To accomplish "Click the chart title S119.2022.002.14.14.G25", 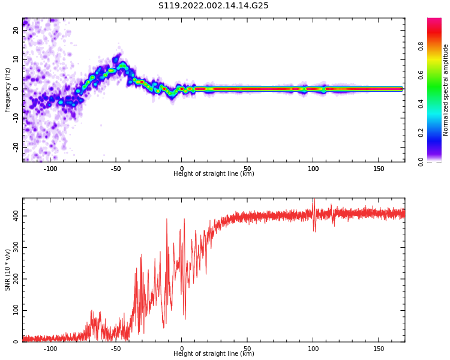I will pyautogui.click(x=214, y=6).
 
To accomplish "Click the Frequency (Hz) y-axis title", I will pyautogui.click(x=8, y=90).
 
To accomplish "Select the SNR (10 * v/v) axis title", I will pyautogui.click(x=8, y=270).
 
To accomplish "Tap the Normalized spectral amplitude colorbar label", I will pyautogui.click(x=446, y=90).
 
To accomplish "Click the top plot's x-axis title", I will pyautogui.click(x=214, y=174).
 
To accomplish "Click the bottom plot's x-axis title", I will pyautogui.click(x=214, y=354).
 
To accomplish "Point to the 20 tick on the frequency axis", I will pyautogui.click(x=16, y=31).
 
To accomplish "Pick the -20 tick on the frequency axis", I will pyautogui.click(x=16, y=146).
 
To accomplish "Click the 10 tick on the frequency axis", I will pyautogui.click(x=16, y=60).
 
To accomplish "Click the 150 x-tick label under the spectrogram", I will pyautogui.click(x=379, y=169).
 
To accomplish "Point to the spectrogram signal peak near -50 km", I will pyautogui.click(x=122, y=65).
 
